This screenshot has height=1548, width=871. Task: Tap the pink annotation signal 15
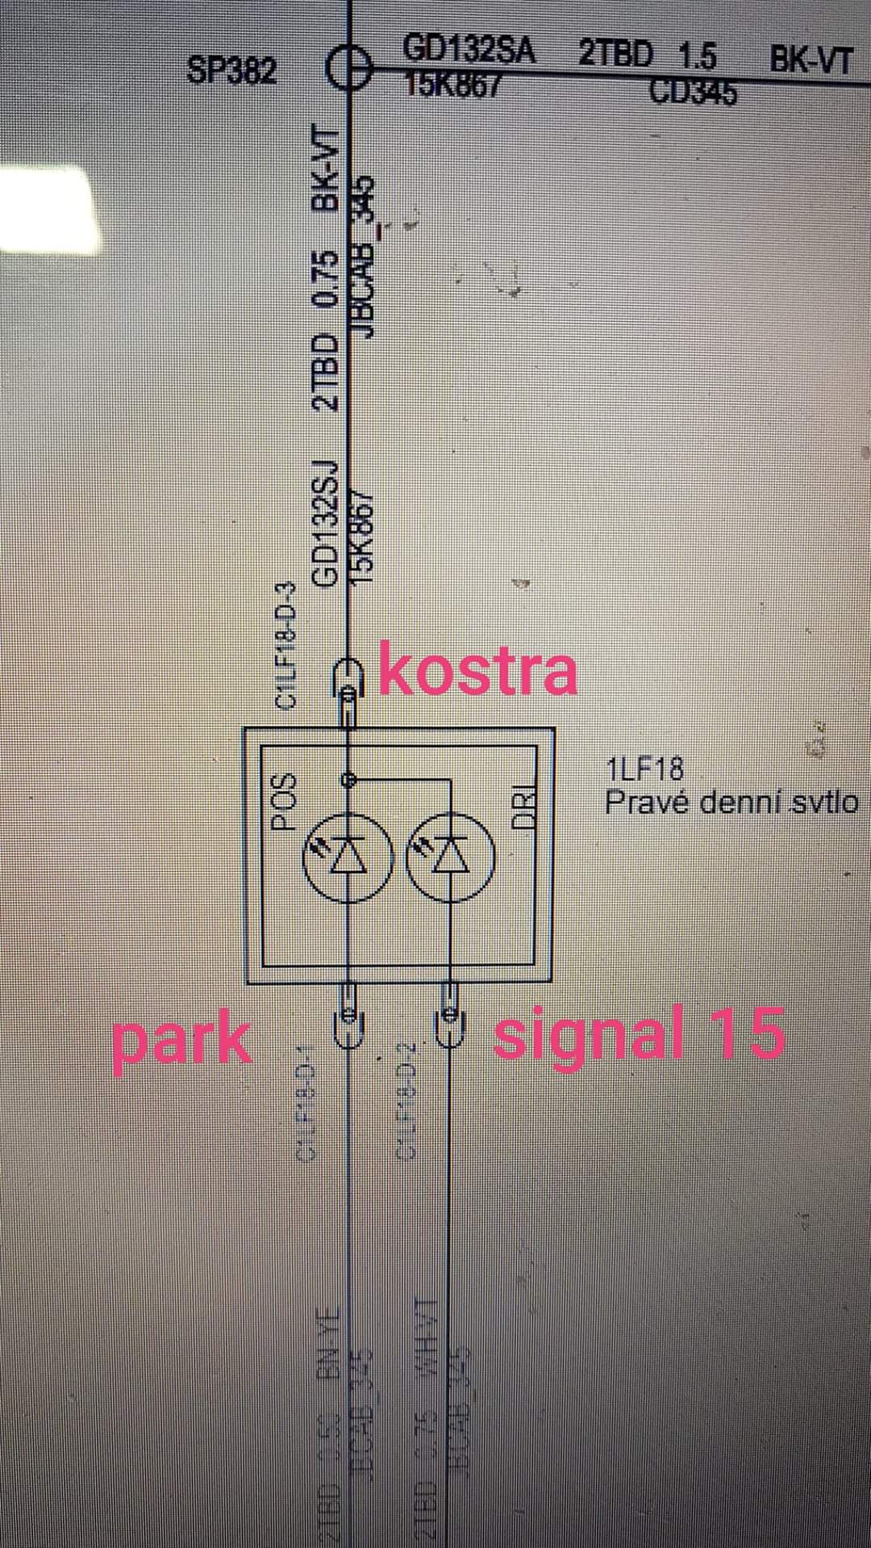pos(639,1033)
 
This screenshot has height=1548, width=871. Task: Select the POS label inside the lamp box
pos(285,802)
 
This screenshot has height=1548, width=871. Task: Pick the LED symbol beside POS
pos(348,858)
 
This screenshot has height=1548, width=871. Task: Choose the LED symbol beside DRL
pos(448,858)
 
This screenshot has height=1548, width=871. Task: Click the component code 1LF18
pos(644,769)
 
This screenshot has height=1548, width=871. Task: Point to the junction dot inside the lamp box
pos(348,780)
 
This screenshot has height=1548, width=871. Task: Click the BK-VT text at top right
pos(810,61)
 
